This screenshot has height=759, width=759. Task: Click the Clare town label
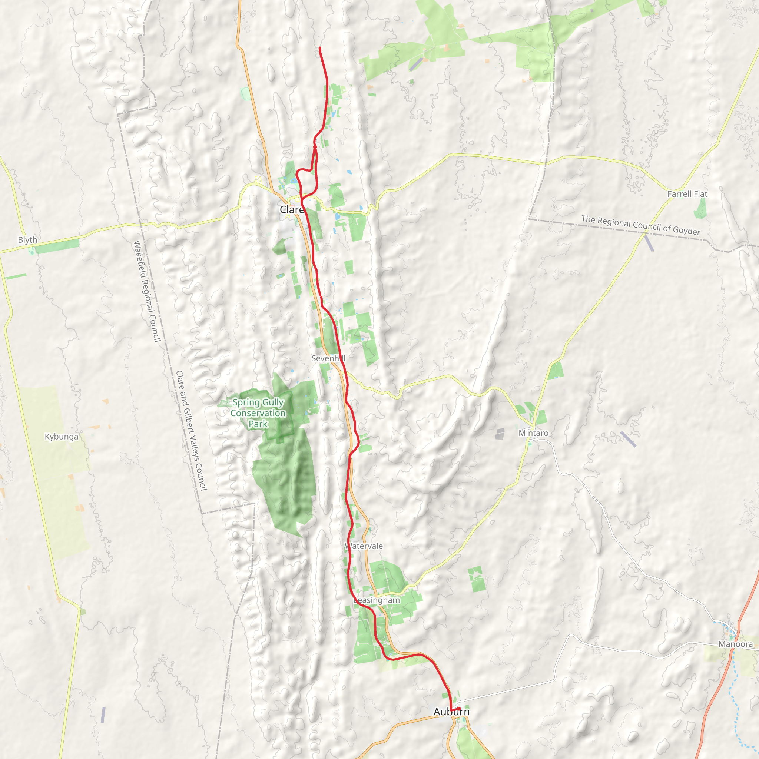click(x=292, y=210)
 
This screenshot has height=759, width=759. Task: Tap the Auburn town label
click(x=451, y=712)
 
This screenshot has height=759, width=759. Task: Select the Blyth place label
click(x=27, y=240)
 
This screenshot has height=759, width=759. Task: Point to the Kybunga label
click(x=61, y=437)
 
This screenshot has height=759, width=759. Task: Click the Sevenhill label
click(x=328, y=358)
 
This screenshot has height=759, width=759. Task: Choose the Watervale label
click(x=364, y=546)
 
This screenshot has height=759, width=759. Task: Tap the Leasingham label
click(x=377, y=600)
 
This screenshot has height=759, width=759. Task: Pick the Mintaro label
click(x=534, y=433)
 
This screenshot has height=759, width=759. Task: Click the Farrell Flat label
click(x=687, y=194)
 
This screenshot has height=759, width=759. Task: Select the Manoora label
click(x=736, y=644)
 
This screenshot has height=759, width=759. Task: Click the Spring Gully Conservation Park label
click(x=258, y=413)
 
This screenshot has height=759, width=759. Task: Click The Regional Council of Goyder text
click(x=640, y=225)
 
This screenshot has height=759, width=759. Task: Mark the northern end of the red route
click(x=320, y=47)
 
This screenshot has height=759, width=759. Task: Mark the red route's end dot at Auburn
click(x=459, y=708)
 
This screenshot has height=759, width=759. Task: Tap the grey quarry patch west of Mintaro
click(x=500, y=434)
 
